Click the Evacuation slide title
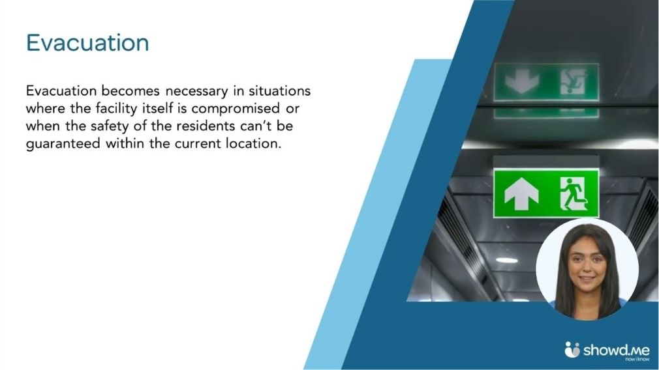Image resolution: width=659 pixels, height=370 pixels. [x=87, y=43]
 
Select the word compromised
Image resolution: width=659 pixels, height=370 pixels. [x=236, y=109]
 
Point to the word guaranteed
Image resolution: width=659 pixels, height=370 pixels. [x=63, y=144]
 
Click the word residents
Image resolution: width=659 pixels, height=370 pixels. [x=206, y=126]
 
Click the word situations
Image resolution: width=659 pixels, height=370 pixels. [x=279, y=91]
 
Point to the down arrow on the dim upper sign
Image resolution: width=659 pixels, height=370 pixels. [x=522, y=81]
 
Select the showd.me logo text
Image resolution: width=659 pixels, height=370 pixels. [x=616, y=350]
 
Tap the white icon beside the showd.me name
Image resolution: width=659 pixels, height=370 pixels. [x=572, y=349]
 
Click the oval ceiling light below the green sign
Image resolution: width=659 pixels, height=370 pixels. [x=506, y=260]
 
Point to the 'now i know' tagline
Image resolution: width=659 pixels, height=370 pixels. [x=637, y=360]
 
